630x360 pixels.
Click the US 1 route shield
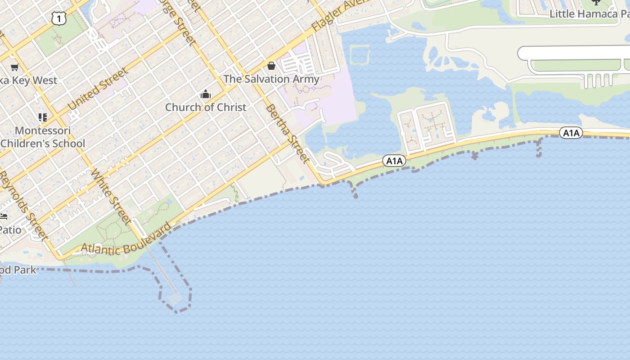59,18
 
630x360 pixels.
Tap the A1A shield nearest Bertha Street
394,161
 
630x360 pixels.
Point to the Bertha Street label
287,133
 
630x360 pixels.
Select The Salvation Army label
271,79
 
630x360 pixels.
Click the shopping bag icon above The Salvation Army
271,66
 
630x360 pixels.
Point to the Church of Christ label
206,108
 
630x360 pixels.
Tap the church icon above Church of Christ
206,94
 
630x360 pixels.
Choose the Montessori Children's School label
43,137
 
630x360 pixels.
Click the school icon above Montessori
43,117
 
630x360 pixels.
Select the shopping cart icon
14,67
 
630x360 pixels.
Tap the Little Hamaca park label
589,14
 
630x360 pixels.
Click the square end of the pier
175,297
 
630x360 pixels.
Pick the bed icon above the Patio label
4,216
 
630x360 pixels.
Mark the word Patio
10,230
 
